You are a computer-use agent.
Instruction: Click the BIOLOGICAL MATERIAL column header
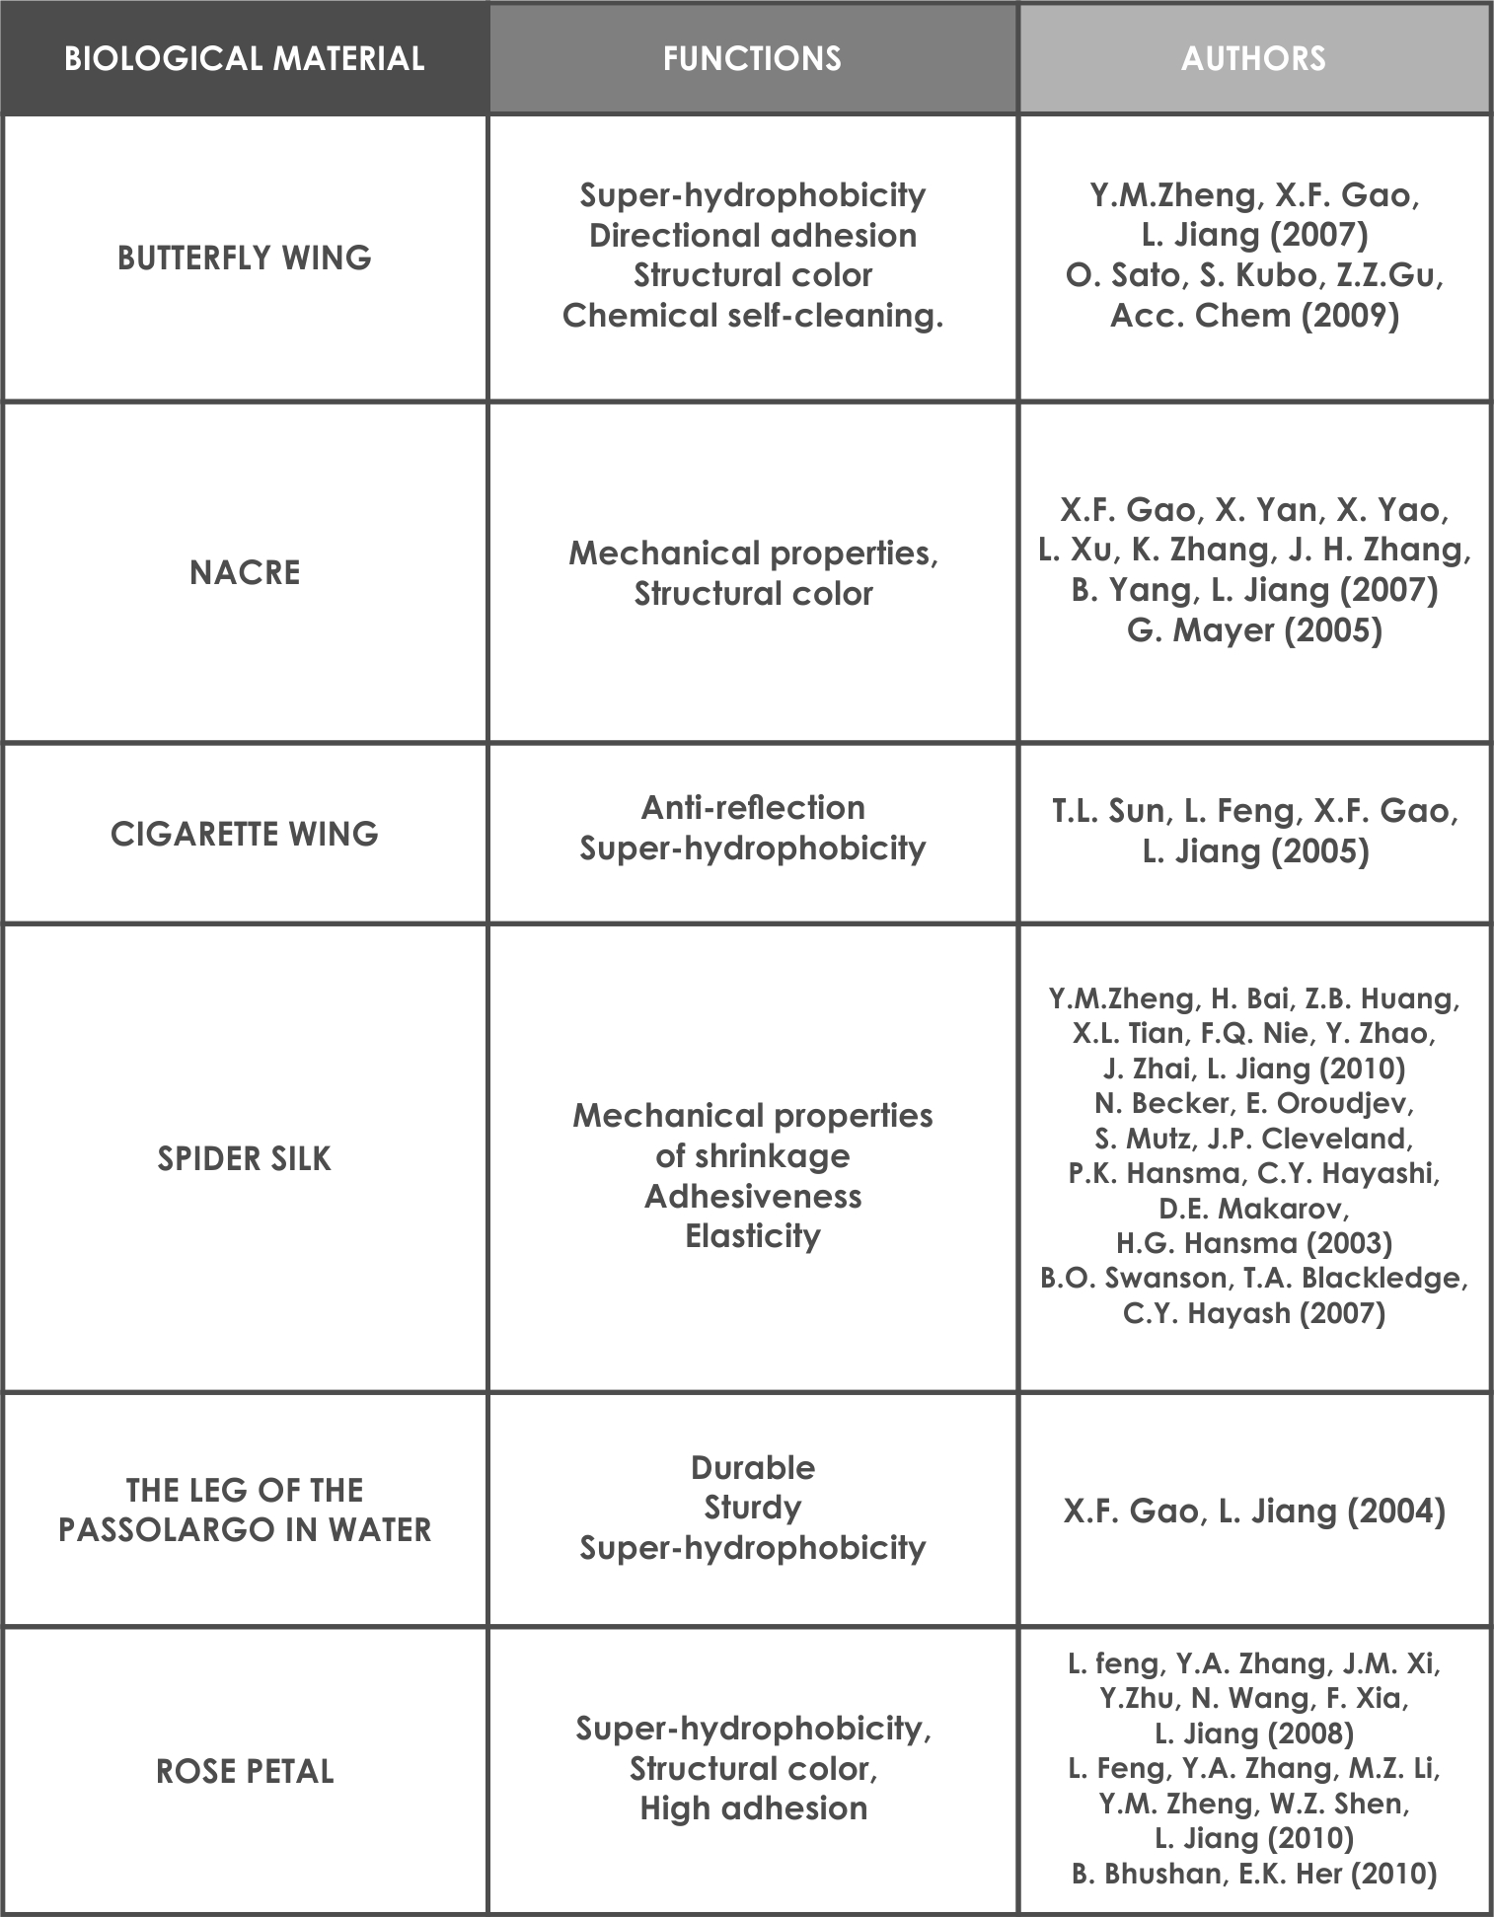pos(244,58)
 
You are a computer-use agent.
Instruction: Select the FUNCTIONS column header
pos(752,58)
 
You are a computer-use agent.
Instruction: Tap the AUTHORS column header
pos(1253,58)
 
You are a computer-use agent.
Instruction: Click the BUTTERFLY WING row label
pos(244,258)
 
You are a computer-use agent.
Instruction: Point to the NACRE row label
pos(244,572)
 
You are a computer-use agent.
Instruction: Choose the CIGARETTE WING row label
pos(244,834)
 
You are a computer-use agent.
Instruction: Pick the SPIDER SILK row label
pos(244,1158)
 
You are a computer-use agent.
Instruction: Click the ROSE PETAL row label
pos(244,1771)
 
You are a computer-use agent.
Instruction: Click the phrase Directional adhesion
pos(752,236)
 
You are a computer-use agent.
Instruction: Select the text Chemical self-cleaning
pos(752,316)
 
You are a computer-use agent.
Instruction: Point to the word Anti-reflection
pos(752,808)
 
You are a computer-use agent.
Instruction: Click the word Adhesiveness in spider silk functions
pos(752,1196)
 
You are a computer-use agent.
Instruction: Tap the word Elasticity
pos(752,1236)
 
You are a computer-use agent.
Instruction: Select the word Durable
pos(752,1467)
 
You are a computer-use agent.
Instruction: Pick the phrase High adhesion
pos(752,1808)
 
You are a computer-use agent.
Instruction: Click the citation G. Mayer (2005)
pos(1253,629)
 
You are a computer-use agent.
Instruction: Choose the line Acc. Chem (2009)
pos(1253,316)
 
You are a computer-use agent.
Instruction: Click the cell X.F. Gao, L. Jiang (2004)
pos(1253,1511)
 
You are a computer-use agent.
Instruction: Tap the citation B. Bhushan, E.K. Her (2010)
pos(1253,1874)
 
